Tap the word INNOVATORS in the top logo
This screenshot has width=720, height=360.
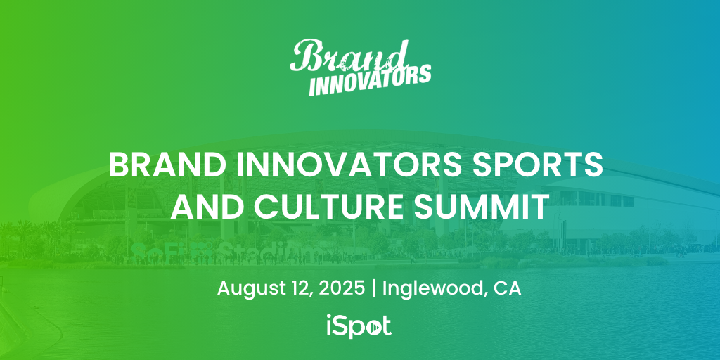tap(370, 80)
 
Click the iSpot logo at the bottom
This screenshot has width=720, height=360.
tap(359, 326)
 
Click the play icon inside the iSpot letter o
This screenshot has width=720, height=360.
tap(374, 328)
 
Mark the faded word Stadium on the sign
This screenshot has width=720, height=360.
tap(271, 251)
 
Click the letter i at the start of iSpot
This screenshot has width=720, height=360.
tap(330, 326)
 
